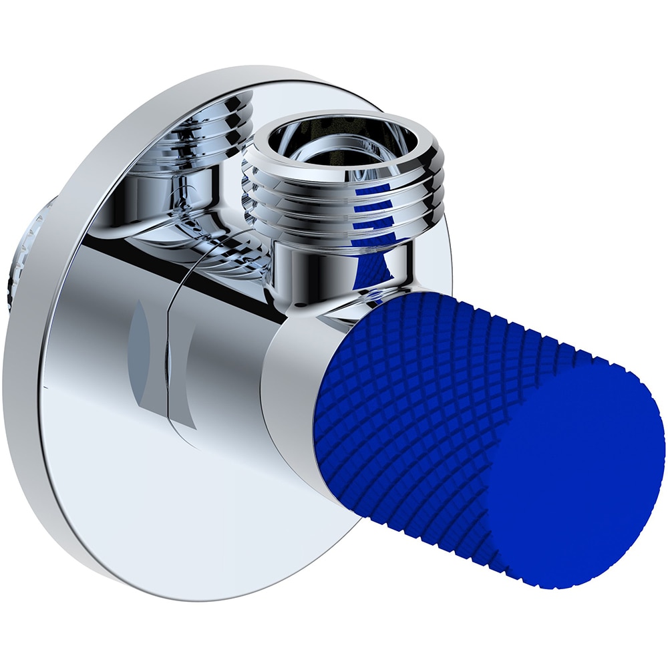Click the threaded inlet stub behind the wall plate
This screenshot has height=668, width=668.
click(27, 254)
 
